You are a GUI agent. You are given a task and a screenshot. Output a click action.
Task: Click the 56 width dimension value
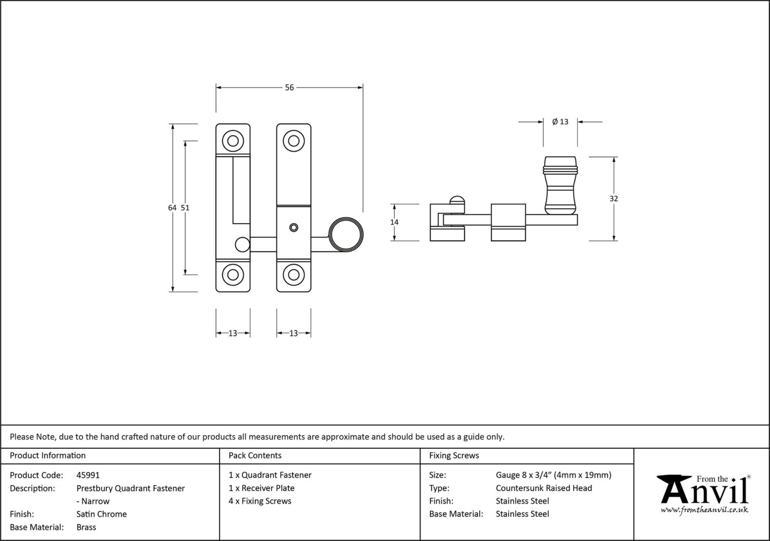point(289,88)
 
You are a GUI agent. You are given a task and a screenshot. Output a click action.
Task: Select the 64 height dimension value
point(172,208)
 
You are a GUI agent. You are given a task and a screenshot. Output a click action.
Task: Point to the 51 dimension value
point(185,208)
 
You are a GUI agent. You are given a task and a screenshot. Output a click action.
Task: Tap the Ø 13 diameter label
point(560,122)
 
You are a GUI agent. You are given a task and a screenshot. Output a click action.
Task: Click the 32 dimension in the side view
point(614,198)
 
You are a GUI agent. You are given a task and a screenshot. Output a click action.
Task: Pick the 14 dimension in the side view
point(394,222)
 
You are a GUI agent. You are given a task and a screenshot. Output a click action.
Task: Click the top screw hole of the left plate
point(233,141)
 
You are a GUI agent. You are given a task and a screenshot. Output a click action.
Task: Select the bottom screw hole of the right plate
point(294,275)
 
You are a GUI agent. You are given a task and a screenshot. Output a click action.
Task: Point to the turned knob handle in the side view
point(560,185)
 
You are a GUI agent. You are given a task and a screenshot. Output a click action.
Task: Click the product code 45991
point(88,475)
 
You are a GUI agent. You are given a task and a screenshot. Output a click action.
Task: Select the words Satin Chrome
point(102,514)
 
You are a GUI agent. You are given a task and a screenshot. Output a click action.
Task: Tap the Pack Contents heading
point(255,455)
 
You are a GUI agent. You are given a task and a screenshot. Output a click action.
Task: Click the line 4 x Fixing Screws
point(260,501)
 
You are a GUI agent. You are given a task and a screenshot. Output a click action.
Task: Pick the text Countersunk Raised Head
point(544,488)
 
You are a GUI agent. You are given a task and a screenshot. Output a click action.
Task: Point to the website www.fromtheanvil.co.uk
point(705,510)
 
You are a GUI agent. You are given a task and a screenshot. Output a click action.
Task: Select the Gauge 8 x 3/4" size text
point(553,475)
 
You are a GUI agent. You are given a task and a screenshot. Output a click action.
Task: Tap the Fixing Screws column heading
point(454,455)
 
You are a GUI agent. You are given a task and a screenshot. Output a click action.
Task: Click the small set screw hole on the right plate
point(293,227)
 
